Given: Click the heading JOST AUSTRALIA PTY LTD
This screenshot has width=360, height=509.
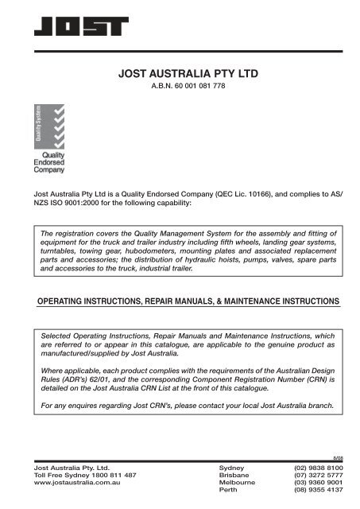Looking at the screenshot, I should coord(194,76).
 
